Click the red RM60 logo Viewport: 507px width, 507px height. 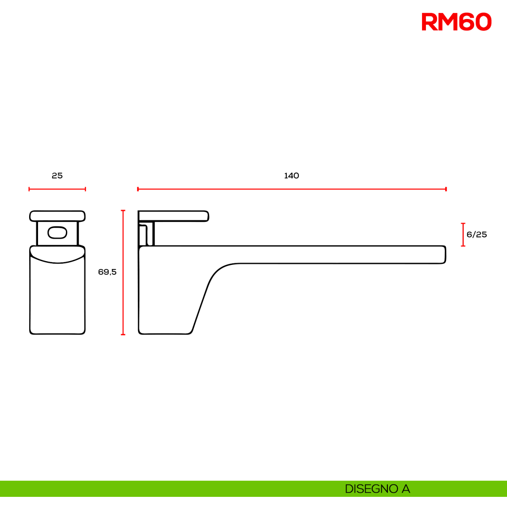(x=456, y=22)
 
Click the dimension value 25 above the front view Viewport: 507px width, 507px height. (x=57, y=176)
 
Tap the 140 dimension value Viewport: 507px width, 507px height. (x=292, y=176)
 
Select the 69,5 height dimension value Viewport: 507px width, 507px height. (x=107, y=272)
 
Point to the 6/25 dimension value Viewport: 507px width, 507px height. (x=477, y=234)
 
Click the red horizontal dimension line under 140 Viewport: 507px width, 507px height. (x=292, y=189)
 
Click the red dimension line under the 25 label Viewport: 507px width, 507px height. (x=57, y=189)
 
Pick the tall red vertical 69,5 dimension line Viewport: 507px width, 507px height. (x=123, y=273)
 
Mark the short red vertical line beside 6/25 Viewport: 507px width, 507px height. (x=463, y=234)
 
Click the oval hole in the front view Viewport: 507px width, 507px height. (x=57, y=232)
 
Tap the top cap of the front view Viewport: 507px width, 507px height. (x=57, y=216)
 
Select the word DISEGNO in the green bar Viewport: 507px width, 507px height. (x=371, y=489)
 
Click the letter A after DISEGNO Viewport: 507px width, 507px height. (x=406, y=489)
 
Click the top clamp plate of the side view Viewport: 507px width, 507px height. (x=173, y=216)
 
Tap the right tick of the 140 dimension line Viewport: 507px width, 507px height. (x=446, y=189)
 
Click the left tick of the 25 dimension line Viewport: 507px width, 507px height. (x=29, y=189)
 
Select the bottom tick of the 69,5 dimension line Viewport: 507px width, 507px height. (x=123, y=334)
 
